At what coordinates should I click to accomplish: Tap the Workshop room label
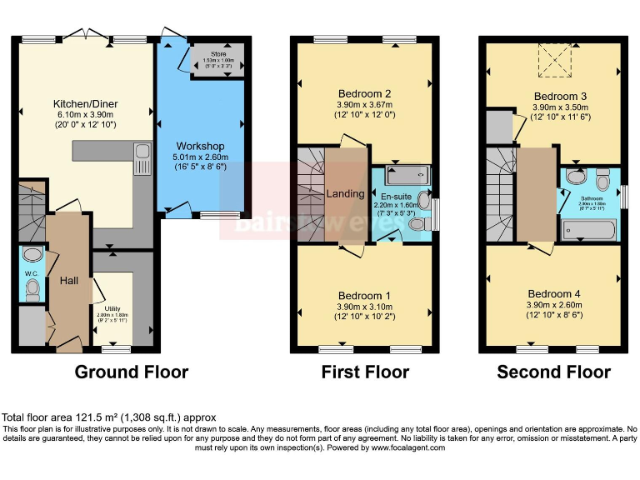pyautogui.click(x=200, y=147)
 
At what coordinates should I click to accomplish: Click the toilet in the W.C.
pyautogui.click(x=32, y=288)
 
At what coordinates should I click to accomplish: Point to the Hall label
pyautogui.click(x=68, y=281)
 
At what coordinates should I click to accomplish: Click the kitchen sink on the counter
pyautogui.click(x=142, y=159)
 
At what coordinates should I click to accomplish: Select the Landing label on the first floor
pyautogui.click(x=345, y=193)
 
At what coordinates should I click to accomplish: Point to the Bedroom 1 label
pyautogui.click(x=364, y=296)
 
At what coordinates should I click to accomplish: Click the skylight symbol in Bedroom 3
pyautogui.click(x=553, y=59)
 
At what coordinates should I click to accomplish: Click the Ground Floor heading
pyautogui.click(x=132, y=372)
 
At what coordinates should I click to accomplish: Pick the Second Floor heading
pyautogui.click(x=553, y=372)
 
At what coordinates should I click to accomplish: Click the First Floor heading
pyautogui.click(x=365, y=372)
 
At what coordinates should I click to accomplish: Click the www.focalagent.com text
pyautogui.click(x=399, y=447)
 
